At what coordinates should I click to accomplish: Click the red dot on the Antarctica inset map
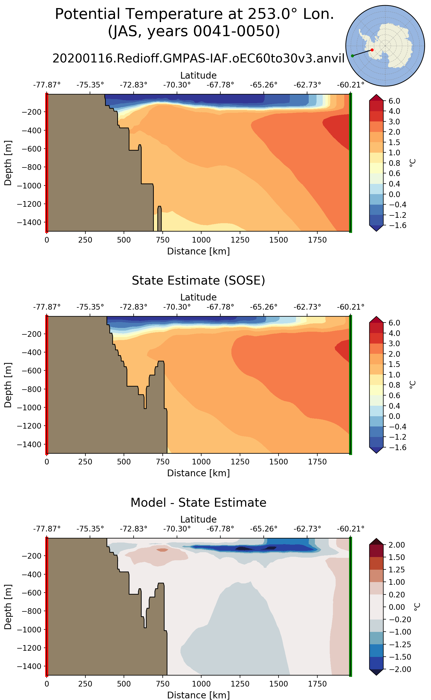[372, 50]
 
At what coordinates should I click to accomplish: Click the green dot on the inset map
[353, 56]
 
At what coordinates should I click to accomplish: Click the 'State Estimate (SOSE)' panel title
[199, 281]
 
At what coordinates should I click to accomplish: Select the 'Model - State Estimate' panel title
[199, 503]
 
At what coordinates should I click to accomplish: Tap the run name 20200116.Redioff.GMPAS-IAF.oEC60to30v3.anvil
[199, 58]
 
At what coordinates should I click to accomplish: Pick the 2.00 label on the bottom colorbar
[397, 545]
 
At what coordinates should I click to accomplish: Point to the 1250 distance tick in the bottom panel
[240, 684]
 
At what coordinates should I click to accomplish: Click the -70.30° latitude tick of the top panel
[177, 85]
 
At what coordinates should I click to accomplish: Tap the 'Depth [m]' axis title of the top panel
[8, 163]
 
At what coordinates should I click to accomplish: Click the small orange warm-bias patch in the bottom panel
[163, 550]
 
